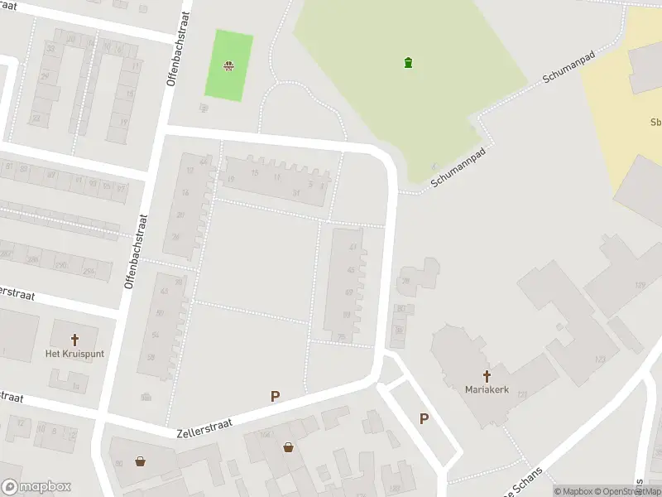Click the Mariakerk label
(x=486, y=388)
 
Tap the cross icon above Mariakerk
(x=486, y=375)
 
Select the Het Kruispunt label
(x=74, y=354)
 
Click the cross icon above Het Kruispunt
(x=74, y=340)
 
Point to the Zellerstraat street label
(x=204, y=427)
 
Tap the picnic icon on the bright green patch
(x=228, y=66)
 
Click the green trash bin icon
(x=408, y=62)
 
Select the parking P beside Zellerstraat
(x=275, y=397)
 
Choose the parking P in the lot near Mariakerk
(x=424, y=418)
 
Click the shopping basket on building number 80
(x=141, y=461)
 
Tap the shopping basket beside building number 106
(x=288, y=447)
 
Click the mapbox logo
(x=36, y=486)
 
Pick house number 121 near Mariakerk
(x=522, y=393)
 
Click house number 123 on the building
(x=599, y=359)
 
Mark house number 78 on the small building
(x=405, y=281)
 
